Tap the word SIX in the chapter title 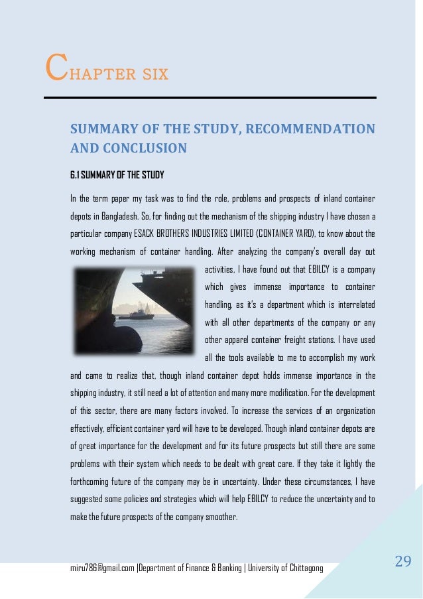coord(153,72)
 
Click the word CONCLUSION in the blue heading coord(143,148)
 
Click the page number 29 coord(403,563)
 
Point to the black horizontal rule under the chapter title coord(210,98)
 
